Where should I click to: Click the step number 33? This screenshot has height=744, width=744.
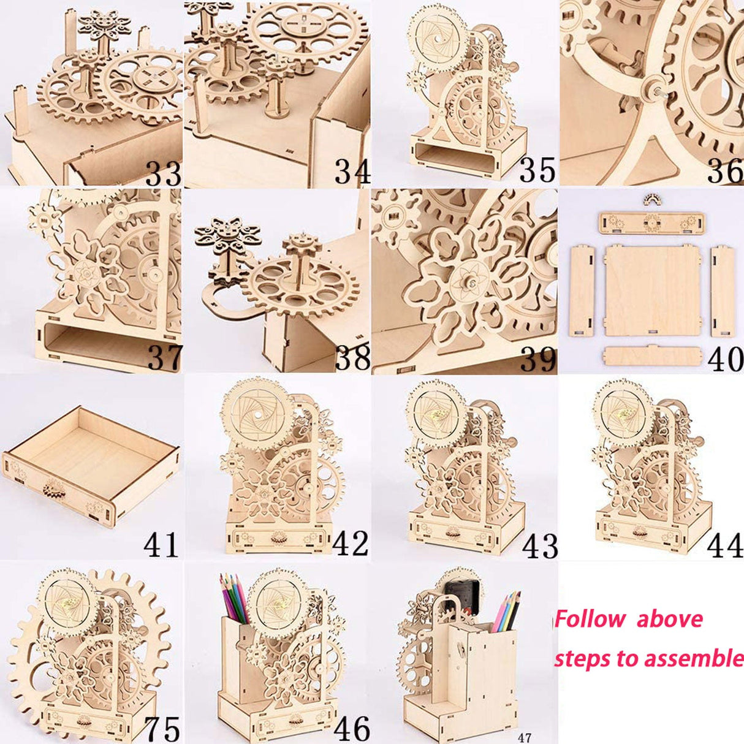(164, 173)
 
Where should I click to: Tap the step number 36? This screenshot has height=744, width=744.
(725, 171)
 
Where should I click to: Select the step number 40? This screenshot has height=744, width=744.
(725, 359)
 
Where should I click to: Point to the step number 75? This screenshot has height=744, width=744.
(162, 728)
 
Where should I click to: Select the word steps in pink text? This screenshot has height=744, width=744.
(582, 659)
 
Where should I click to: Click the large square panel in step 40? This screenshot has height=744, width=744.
(652, 290)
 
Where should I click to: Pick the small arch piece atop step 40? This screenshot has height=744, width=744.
(653, 198)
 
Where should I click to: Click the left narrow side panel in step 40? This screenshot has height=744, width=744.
(582, 290)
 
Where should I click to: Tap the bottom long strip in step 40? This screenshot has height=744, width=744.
(653, 356)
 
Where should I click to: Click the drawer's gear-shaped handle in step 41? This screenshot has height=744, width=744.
(54, 488)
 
